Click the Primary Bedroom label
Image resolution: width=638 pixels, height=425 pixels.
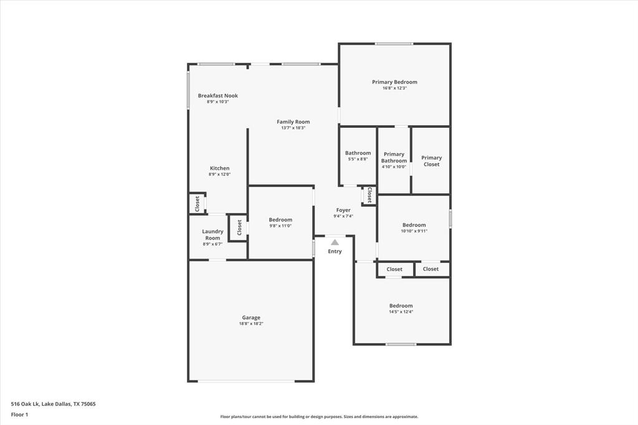click(394, 82)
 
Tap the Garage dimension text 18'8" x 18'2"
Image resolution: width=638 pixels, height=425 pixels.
click(251, 324)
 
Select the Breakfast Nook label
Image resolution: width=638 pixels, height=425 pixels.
click(217, 96)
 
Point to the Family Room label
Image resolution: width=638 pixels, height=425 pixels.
click(293, 122)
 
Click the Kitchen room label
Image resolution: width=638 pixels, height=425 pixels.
click(219, 168)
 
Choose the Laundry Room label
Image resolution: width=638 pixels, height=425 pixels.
click(212, 235)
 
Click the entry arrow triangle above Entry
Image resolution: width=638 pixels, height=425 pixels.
click(335, 242)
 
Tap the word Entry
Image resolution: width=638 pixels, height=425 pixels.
click(335, 252)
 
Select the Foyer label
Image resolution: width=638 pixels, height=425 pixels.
click(343, 210)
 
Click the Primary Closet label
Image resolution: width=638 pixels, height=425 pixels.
click(431, 161)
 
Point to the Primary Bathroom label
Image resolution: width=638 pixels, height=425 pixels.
click(394, 158)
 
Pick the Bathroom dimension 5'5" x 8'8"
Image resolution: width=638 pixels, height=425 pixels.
click(358, 160)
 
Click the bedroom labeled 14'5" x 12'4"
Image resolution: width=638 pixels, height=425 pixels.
click(401, 306)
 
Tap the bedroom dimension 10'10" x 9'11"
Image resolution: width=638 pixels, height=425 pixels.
click(414, 231)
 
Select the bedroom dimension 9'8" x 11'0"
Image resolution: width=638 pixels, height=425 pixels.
click(280, 226)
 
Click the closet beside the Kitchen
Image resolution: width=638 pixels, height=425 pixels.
click(198, 204)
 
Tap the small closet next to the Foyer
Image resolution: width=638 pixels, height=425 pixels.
click(369, 196)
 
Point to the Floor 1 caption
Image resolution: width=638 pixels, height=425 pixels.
click(19, 414)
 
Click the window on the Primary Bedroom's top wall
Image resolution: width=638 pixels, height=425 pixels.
click(394, 44)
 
